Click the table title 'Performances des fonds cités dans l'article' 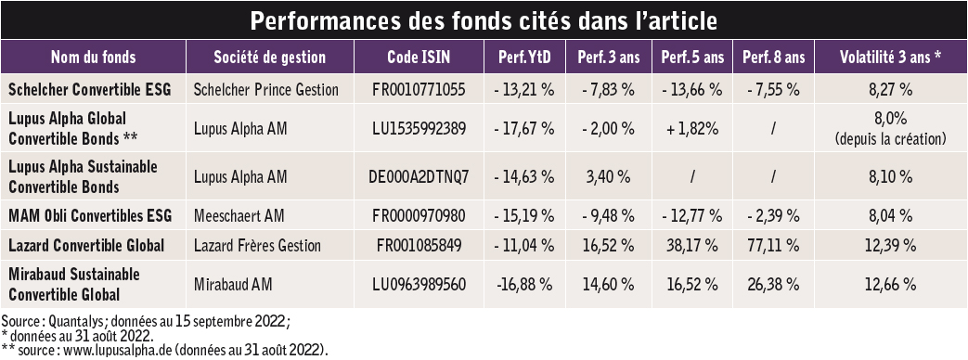(484, 20)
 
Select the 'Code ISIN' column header (419, 58)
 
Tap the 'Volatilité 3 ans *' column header (890, 58)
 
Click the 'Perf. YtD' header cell (524, 58)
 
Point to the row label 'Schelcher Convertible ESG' (89, 90)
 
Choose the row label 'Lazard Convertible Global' (86, 246)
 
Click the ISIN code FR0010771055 (419, 90)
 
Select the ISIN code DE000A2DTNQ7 (419, 177)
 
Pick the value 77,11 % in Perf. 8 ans (773, 246)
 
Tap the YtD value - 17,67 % (524, 128)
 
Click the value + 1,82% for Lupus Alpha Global (692, 128)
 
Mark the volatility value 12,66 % (890, 284)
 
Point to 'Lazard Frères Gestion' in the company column (257, 246)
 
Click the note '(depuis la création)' (890, 139)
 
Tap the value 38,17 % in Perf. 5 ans (692, 246)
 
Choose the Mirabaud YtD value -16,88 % (524, 284)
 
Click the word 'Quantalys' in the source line (72, 322)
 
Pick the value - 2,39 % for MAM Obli (773, 215)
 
